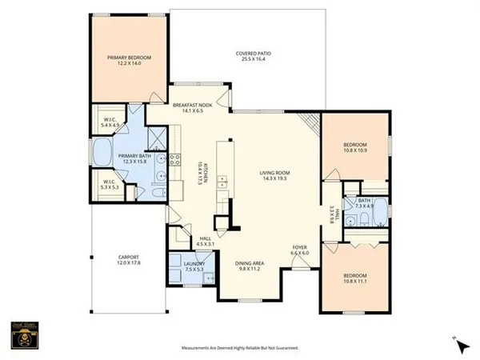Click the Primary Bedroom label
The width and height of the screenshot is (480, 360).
click(x=130, y=61)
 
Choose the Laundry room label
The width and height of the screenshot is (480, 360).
click(x=194, y=266)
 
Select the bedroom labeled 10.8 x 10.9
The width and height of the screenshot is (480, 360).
click(x=354, y=147)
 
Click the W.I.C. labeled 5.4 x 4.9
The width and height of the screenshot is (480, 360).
click(x=110, y=122)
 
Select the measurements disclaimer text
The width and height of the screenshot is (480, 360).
click(x=239, y=348)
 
